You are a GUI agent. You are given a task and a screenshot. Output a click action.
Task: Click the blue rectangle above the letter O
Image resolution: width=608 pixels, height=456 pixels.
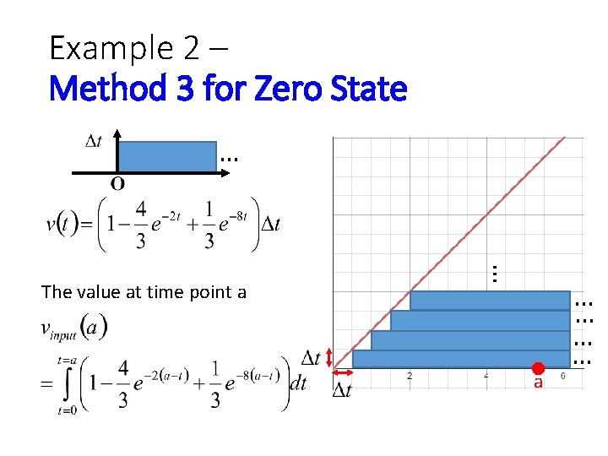(166, 156)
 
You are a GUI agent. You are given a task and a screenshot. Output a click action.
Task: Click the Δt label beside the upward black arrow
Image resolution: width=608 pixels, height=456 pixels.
(95, 141)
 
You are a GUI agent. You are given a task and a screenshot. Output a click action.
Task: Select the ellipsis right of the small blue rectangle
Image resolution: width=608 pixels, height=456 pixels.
(229, 158)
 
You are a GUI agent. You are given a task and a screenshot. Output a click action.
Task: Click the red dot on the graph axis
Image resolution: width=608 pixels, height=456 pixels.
(536, 368)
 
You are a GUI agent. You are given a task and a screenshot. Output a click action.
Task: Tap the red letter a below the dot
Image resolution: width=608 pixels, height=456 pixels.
(537, 383)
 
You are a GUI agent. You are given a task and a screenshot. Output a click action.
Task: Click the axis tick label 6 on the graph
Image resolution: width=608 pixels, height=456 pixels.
(562, 376)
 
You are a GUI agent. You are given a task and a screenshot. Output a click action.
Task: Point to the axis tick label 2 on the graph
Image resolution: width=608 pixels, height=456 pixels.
(410, 376)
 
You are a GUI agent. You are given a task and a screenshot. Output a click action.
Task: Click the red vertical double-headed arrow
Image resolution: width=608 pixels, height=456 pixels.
(328, 359)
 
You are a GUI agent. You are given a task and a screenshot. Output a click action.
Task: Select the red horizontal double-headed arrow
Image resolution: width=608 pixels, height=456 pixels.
(341, 373)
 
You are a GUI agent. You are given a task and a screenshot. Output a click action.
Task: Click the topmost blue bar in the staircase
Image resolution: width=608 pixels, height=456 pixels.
(490, 301)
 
